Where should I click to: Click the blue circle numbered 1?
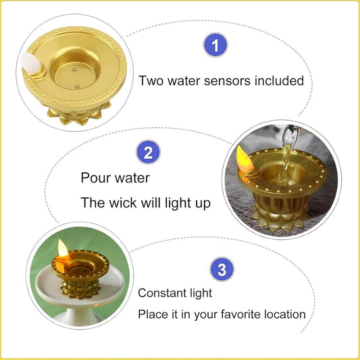(x=215, y=46)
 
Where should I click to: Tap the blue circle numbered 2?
(x=148, y=152)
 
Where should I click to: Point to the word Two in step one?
(x=151, y=80)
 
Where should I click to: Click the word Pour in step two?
(x=95, y=178)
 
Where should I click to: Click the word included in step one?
(x=280, y=80)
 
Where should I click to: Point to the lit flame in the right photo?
(x=242, y=157)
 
